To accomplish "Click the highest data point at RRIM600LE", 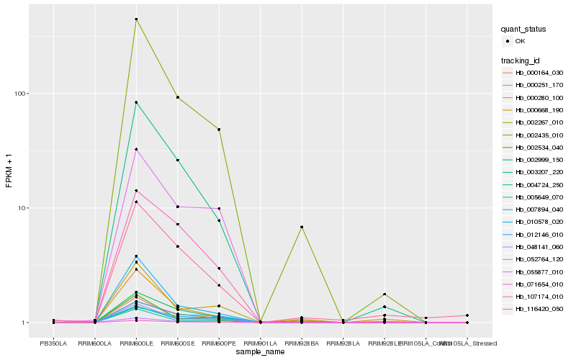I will [136, 19].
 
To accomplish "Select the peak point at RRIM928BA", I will [302, 227].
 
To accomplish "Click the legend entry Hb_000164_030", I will [539, 73].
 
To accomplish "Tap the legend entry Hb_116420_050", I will [539, 308].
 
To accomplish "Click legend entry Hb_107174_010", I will [539, 296].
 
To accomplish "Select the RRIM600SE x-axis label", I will [177, 333].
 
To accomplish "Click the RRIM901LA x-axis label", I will [260, 333].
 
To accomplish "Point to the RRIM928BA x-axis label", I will [302, 333].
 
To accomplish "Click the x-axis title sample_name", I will [260, 351].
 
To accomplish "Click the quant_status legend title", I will [524, 29].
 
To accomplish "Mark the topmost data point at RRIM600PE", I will [219, 130].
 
